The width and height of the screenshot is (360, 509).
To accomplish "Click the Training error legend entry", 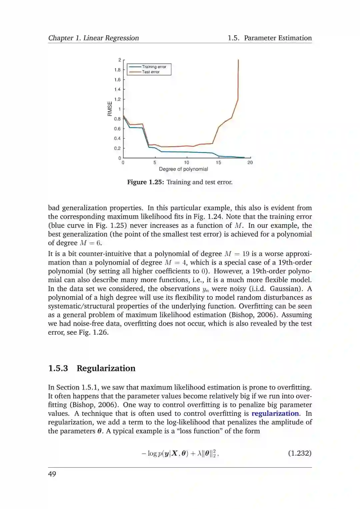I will tap(154, 67).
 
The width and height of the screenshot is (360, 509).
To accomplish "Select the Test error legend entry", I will tap(151, 72).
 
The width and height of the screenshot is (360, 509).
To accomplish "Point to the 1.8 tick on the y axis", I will tap(117, 70).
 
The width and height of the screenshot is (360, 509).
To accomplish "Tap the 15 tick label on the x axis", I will tap(218, 162).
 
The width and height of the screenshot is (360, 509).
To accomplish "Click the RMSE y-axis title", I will tap(110, 109).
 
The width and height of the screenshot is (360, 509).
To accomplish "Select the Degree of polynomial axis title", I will tap(183, 169).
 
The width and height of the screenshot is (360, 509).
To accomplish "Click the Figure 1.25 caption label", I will tap(146, 182).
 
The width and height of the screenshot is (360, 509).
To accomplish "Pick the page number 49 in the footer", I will tap(52, 474).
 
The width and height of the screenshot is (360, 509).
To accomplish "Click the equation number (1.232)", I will tap(300, 453).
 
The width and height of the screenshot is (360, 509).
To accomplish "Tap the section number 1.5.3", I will tap(58, 368).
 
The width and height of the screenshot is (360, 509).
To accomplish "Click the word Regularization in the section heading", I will tap(106, 368).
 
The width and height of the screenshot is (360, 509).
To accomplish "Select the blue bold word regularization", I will tap(275, 413).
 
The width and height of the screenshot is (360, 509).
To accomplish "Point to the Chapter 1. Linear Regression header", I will tap(93, 38).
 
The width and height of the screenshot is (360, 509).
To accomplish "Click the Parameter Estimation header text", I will tap(278, 38).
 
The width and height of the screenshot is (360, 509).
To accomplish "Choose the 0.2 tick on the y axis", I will tap(117, 148).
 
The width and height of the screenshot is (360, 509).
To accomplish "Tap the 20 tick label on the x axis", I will tap(250, 162).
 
